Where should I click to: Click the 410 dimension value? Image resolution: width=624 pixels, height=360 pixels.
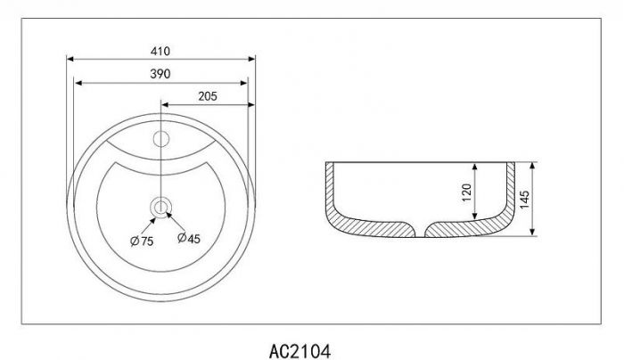pos(160,52)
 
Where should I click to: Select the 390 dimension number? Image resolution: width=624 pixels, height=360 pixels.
pos(160,74)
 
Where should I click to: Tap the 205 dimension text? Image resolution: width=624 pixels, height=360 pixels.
pos(208,96)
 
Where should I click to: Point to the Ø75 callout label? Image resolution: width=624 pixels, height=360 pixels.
pos(142,241)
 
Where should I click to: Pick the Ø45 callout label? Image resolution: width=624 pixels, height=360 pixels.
pos(189,238)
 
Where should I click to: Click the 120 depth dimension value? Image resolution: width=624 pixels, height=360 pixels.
pos(466,192)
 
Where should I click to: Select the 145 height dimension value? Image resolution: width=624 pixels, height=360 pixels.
pos(524,200)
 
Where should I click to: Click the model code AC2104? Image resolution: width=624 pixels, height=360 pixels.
pos(300,351)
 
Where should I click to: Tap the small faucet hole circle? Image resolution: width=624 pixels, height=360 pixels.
pos(161,139)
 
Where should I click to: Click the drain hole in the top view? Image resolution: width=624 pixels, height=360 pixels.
pos(160,208)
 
